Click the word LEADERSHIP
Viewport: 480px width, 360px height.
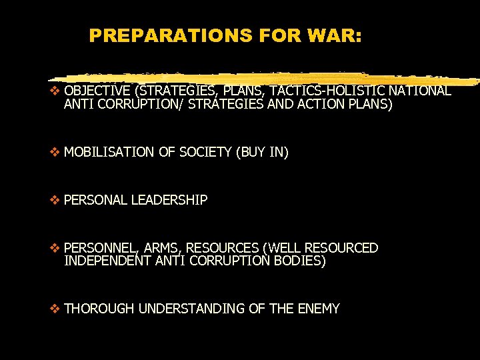(x=169, y=200)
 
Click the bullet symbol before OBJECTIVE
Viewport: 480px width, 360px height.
(x=55, y=91)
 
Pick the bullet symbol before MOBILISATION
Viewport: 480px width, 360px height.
(x=55, y=153)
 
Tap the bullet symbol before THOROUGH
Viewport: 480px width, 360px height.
(x=55, y=309)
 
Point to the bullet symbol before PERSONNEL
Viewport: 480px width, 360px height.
(x=55, y=248)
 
